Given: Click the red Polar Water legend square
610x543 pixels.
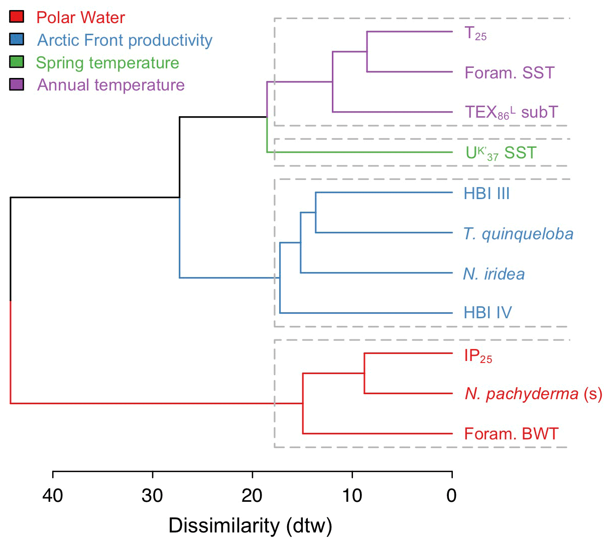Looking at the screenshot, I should (x=17, y=17).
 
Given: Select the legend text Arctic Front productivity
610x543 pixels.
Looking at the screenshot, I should (x=125, y=40).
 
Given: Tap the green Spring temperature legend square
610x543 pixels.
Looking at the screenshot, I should (x=17, y=62).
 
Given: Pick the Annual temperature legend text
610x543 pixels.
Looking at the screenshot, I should (x=111, y=85).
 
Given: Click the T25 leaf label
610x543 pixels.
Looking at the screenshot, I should (x=475, y=34).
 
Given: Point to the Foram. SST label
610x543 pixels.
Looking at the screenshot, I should (x=510, y=73).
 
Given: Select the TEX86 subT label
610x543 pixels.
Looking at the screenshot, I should (x=511, y=112).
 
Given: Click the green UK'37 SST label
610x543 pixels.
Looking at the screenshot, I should (x=501, y=153).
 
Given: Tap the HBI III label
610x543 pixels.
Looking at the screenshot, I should (x=486, y=194).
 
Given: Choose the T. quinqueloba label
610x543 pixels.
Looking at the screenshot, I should (x=518, y=234).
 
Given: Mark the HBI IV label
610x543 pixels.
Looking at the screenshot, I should (x=487, y=313).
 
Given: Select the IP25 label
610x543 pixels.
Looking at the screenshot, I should (x=478, y=356).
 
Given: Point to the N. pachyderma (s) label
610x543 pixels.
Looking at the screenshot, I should (x=533, y=394).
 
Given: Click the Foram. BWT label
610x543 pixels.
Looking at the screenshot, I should (x=511, y=434).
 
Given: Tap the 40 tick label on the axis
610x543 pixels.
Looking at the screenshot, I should (x=53, y=496).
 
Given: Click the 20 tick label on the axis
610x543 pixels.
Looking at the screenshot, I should (x=253, y=496).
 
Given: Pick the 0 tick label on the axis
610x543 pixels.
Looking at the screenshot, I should (x=452, y=496).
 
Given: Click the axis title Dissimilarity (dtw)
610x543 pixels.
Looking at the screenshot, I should (x=250, y=526).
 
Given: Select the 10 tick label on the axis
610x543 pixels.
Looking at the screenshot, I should (x=352, y=496).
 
